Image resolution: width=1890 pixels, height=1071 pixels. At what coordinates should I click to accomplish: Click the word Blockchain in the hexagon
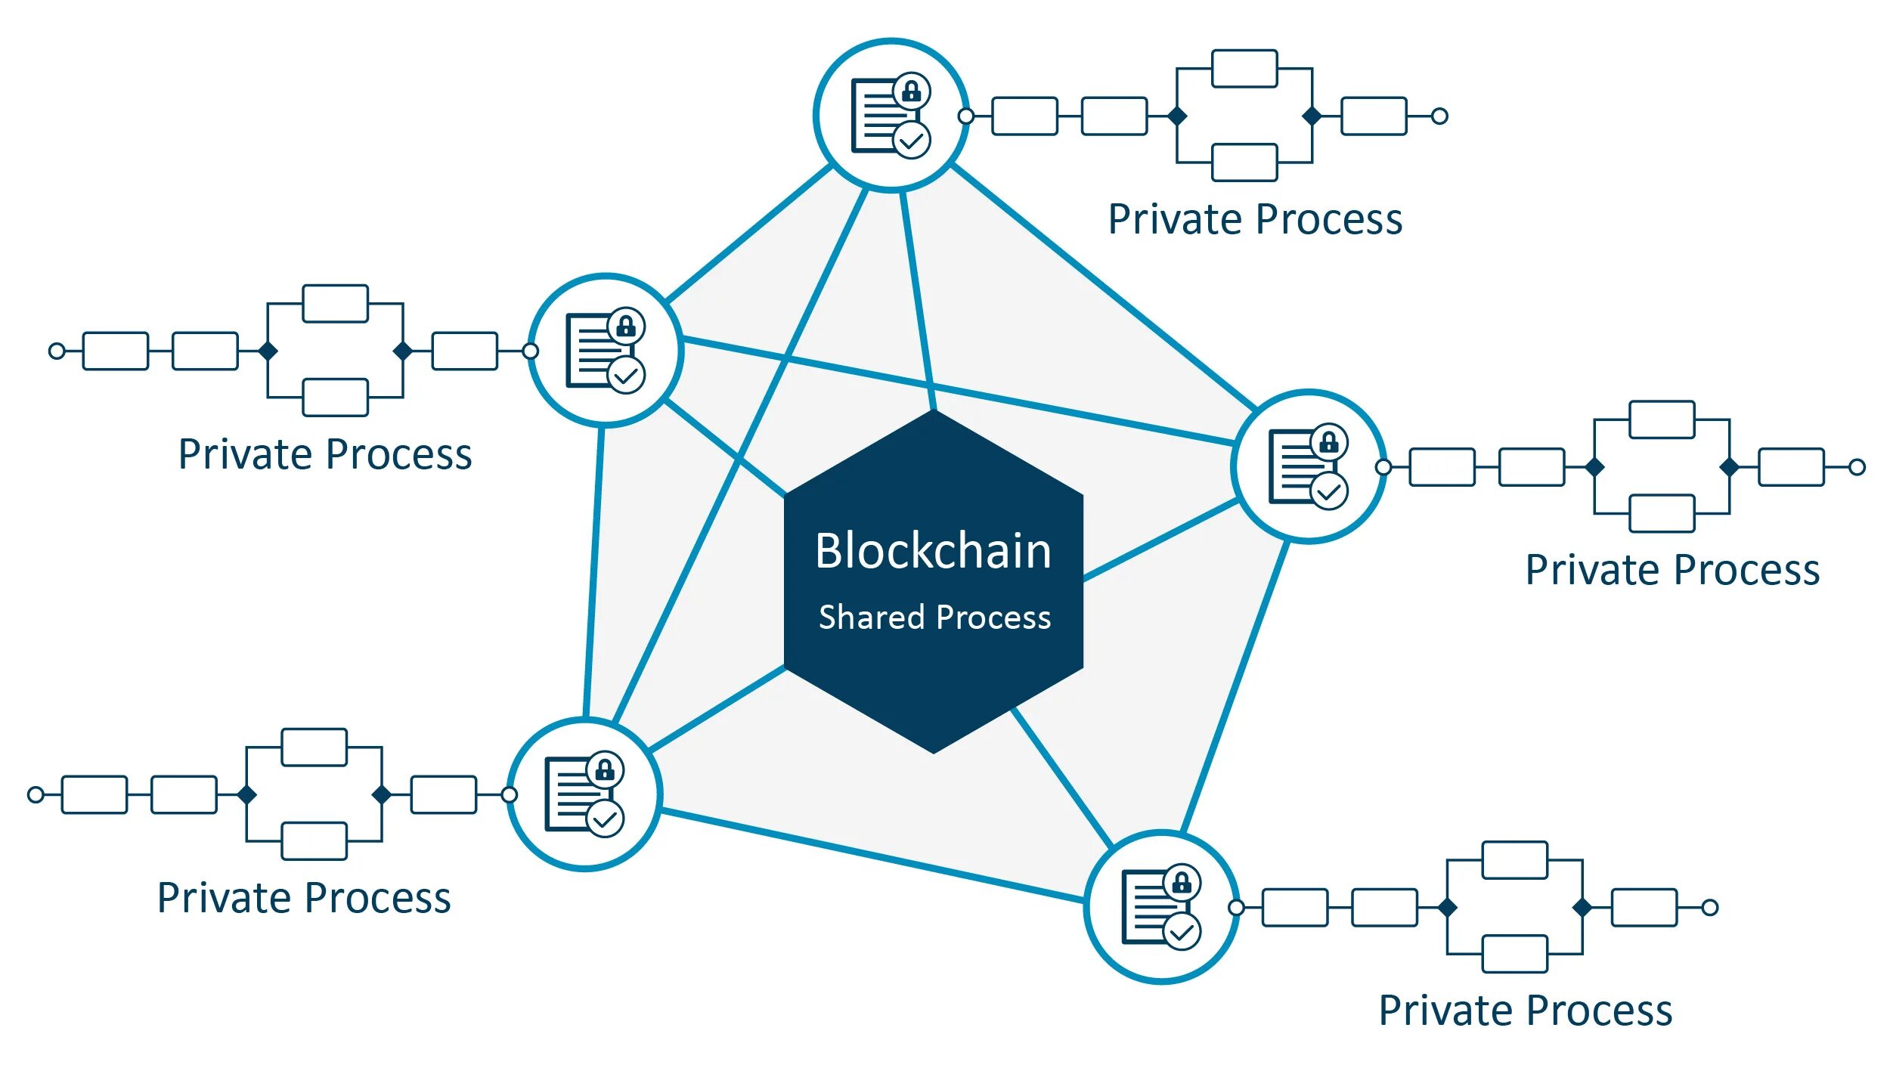[933, 551]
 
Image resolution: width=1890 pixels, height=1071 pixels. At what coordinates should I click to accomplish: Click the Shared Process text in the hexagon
[934, 618]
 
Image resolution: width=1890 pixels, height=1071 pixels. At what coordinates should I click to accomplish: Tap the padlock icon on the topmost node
[912, 91]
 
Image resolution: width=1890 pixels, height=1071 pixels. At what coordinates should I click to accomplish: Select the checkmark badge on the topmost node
[912, 141]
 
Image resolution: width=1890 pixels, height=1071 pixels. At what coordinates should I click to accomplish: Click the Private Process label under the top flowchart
[1255, 220]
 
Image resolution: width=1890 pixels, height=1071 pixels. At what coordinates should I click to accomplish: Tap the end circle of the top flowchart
[1439, 116]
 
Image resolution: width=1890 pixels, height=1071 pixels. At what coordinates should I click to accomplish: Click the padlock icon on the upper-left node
[626, 327]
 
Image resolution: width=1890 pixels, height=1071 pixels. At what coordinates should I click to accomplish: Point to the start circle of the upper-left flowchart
[57, 351]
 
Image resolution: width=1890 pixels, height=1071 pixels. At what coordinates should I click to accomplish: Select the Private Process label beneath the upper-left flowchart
[325, 455]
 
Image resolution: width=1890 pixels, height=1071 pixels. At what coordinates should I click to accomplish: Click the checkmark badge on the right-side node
[1329, 492]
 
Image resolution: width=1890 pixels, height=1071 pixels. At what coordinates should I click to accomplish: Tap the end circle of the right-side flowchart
[1857, 467]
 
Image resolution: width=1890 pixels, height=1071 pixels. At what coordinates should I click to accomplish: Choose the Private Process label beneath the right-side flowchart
[1672, 571]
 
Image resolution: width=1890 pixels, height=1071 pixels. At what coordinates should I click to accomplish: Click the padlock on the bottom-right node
[1182, 882]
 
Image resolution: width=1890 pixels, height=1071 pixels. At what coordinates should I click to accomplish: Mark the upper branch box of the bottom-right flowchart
[1514, 860]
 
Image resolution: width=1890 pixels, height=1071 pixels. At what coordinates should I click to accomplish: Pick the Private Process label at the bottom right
[1526, 1011]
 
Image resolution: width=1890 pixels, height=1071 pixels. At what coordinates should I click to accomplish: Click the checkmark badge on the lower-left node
[605, 819]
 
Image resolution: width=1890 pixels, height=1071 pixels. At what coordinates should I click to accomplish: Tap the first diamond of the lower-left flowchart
[246, 794]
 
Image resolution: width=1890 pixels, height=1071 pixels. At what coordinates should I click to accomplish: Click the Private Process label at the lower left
[304, 899]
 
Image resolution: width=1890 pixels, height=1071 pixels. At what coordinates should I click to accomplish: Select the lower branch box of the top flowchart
[1244, 163]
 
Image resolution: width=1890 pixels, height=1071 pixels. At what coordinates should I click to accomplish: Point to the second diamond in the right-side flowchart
[1729, 467]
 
